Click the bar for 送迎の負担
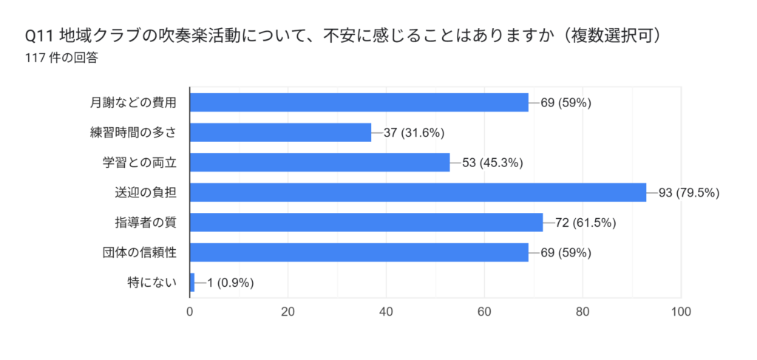tap(418, 192)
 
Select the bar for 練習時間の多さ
tap(280, 132)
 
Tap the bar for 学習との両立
tap(319, 162)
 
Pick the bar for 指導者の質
tap(366, 223)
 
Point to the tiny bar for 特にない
tap(192, 282)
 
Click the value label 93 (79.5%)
tap(689, 193)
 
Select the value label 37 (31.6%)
tap(414, 133)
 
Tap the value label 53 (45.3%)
tap(492, 163)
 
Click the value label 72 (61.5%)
tap(585, 223)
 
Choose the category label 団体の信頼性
tap(140, 253)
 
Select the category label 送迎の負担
tap(146, 193)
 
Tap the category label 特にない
tap(152, 282)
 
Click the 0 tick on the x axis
tap(190, 311)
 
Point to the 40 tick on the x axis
tap(386, 311)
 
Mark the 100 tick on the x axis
tap(680, 311)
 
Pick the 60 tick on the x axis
tap(484, 311)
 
